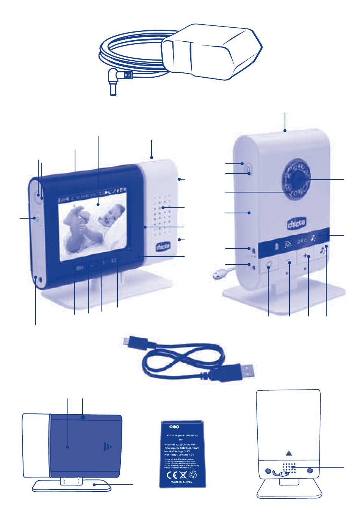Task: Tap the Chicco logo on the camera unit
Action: tap(296, 223)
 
